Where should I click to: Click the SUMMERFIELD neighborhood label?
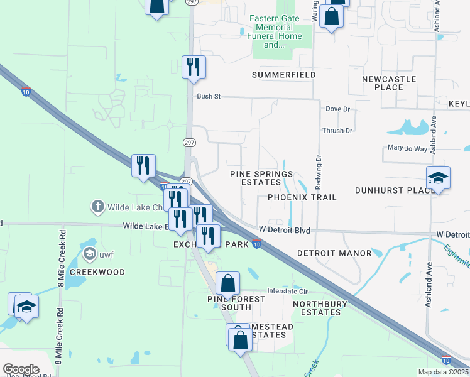click(x=283, y=75)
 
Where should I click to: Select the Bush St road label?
click(x=209, y=97)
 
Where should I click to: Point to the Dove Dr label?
click(x=337, y=109)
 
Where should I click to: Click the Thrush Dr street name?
click(x=337, y=131)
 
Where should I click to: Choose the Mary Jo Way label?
click(x=407, y=149)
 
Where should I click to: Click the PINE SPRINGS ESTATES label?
click(x=261, y=178)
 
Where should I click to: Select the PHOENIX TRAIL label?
click(x=302, y=197)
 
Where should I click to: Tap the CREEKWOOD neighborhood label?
click(x=97, y=272)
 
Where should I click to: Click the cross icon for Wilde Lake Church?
click(x=97, y=206)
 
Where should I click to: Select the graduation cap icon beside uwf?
click(x=90, y=253)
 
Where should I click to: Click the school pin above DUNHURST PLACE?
click(x=438, y=177)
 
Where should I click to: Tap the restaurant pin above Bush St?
click(x=194, y=66)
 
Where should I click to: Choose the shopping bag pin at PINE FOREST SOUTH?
click(x=228, y=283)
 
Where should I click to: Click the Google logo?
click(x=21, y=369)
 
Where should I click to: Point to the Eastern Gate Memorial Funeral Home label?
click(x=275, y=31)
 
